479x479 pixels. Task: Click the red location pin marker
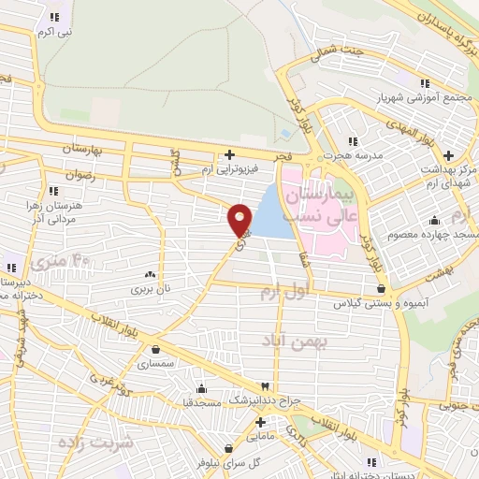pyautogui.click(x=240, y=219)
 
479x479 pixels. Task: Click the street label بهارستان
pyautogui.click(x=81, y=149)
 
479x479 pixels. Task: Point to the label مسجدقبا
pyautogui.click(x=201, y=400)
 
